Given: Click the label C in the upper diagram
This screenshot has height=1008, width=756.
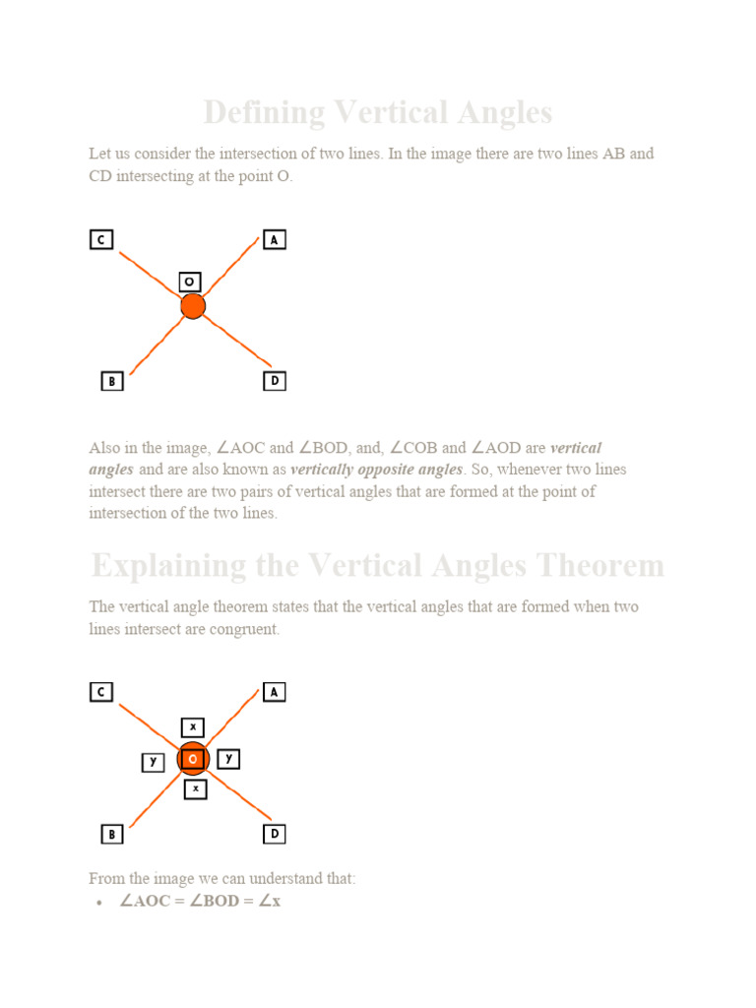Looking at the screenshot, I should point(101,239).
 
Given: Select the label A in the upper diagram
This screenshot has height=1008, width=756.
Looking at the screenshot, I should point(275,239).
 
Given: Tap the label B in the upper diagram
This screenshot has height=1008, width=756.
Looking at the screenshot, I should point(112,381).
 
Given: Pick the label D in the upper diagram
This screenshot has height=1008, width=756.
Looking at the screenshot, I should point(275,381).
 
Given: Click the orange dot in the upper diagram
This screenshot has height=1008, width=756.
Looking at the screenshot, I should point(193,306).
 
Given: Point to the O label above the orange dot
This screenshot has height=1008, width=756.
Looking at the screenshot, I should point(190,282).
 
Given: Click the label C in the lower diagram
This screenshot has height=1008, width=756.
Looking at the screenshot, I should point(101,692).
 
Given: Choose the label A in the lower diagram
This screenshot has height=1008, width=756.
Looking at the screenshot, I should point(275,692).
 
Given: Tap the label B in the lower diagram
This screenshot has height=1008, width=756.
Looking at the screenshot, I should point(112,834).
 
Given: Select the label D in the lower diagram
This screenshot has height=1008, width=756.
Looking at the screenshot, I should point(275,834).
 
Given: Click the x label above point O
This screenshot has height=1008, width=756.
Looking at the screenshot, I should point(193,727).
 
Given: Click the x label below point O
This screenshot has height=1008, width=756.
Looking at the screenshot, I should point(196,788).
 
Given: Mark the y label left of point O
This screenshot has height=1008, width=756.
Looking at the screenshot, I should point(153,762).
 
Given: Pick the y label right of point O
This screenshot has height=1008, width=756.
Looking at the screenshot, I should point(228,758).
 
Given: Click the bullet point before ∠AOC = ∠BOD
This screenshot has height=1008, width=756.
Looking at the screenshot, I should point(100,902).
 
